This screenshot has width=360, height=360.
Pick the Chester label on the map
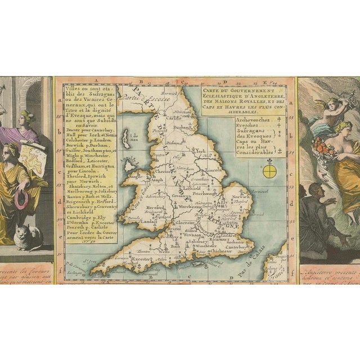point(163,170)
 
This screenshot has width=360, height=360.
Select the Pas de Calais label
point(260,263)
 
